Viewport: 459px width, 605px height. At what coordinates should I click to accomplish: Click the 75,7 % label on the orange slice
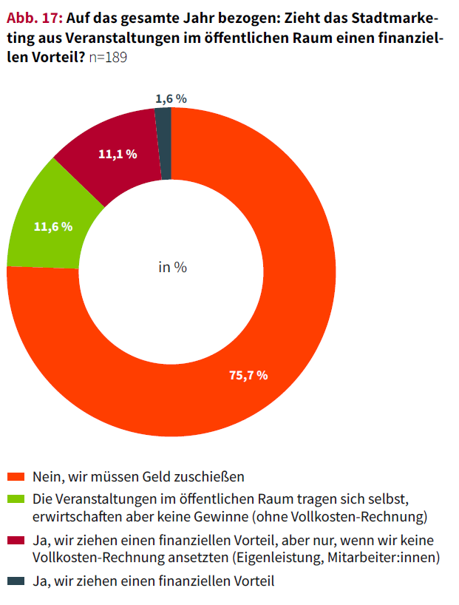pyautogui.click(x=248, y=376)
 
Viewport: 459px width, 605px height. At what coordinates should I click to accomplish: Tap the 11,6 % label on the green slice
pyautogui.click(x=53, y=226)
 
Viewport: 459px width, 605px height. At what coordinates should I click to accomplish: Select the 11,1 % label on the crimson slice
pyautogui.click(x=118, y=154)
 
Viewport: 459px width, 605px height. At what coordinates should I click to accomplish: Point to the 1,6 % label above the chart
pyautogui.click(x=171, y=98)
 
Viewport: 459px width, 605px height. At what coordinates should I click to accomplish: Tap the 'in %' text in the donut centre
pyautogui.click(x=172, y=267)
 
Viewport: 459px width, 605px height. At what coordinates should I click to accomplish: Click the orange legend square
pyautogui.click(x=14, y=476)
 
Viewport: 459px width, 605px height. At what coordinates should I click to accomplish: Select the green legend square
pyautogui.click(x=14, y=498)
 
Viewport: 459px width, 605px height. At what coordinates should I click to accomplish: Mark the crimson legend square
pyautogui.click(x=14, y=541)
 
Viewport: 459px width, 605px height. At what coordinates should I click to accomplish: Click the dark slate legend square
pyautogui.click(x=14, y=581)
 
